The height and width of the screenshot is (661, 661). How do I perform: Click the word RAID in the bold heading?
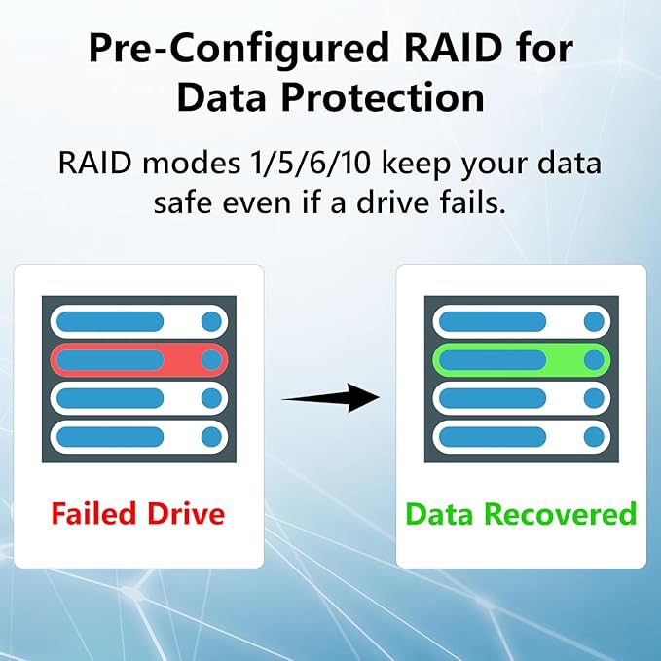pos(453,47)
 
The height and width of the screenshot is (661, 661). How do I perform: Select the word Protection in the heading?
pos(383,97)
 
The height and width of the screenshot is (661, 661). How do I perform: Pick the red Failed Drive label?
pos(138,513)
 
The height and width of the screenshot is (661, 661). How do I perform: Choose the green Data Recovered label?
pos(521,513)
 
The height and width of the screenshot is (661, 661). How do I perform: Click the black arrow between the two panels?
pos(331,397)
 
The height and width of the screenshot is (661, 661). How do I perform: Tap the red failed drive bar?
pos(139,360)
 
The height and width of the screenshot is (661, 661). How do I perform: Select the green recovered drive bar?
pos(522,360)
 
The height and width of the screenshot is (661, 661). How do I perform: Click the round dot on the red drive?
pos(211,360)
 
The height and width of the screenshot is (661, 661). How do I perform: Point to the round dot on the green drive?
pos(594,360)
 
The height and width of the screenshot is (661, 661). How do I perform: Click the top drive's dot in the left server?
pos(211,321)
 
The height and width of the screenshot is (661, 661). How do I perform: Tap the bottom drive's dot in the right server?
pos(594,437)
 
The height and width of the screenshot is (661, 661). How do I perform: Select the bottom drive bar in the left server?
pos(139,437)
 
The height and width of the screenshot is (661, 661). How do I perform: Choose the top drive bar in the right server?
pos(522,321)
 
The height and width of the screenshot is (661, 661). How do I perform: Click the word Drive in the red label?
pos(186,513)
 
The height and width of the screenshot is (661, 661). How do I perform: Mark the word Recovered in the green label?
pos(561,513)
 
